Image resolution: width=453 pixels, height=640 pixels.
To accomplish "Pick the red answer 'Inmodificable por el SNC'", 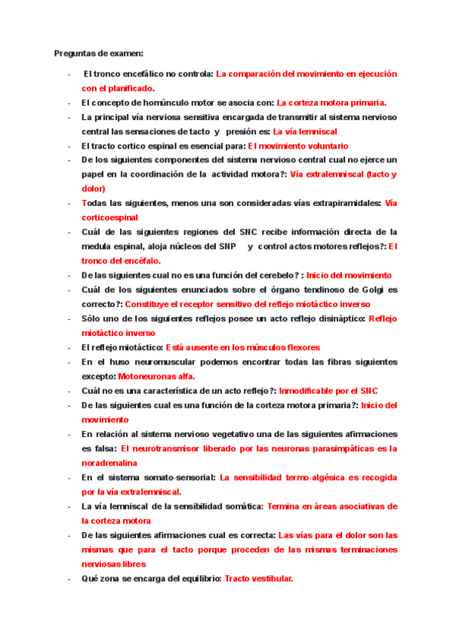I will tap(328, 391).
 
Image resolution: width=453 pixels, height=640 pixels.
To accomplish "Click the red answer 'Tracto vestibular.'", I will tap(258, 579).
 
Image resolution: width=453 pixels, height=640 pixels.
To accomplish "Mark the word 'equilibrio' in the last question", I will tap(199, 579).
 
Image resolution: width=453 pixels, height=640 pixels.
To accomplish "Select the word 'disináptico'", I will tap(337, 319).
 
